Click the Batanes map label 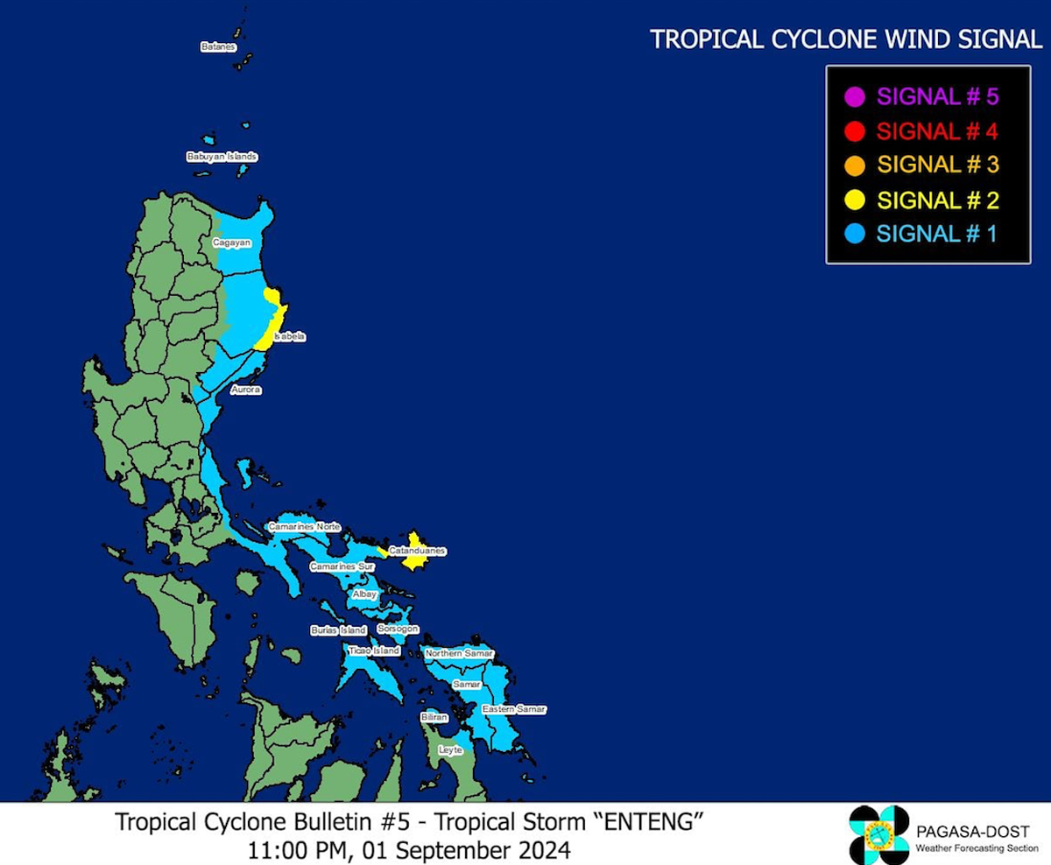(x=218, y=46)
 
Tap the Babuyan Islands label (x=222, y=157)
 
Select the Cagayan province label (x=231, y=242)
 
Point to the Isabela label (x=290, y=336)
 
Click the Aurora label (x=245, y=390)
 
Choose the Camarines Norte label (x=303, y=526)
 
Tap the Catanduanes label (x=418, y=551)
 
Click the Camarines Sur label (x=342, y=567)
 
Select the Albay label (x=364, y=594)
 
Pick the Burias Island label (x=338, y=630)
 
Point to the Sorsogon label (x=399, y=629)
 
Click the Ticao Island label (x=374, y=651)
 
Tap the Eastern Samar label (x=514, y=708)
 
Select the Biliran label (x=434, y=717)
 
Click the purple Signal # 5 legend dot (x=857, y=96)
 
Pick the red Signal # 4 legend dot (x=857, y=131)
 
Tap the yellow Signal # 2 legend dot (x=857, y=200)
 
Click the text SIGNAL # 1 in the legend (x=936, y=234)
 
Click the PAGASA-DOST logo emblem (x=879, y=834)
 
